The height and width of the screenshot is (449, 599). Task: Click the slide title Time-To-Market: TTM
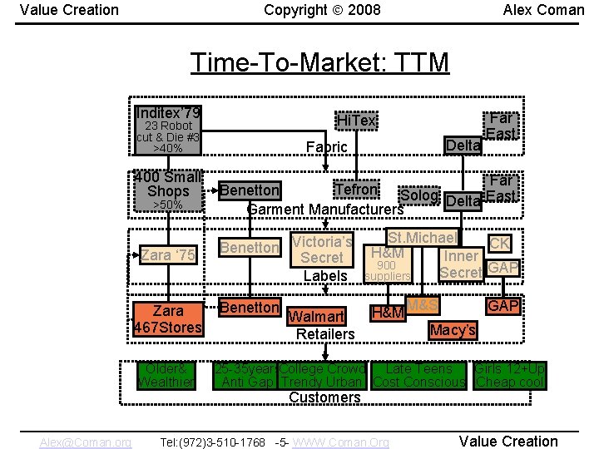pyautogui.click(x=319, y=62)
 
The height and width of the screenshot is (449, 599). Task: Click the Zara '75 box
pyautogui.click(x=168, y=255)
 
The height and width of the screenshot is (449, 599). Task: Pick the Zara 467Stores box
pyautogui.click(x=168, y=318)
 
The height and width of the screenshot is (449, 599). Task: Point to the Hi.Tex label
pyautogui.click(x=355, y=121)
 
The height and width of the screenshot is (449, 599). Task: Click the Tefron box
pyautogui.click(x=355, y=190)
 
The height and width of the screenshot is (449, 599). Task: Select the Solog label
pyautogui.click(x=418, y=196)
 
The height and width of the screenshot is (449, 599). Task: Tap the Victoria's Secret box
pyautogui.click(x=322, y=249)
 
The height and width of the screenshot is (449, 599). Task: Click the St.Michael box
pyautogui.click(x=423, y=238)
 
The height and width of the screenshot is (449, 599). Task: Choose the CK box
pyautogui.click(x=499, y=244)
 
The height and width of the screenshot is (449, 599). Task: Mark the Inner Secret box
pyautogui.click(x=461, y=264)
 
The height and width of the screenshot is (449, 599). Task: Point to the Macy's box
pyautogui.click(x=453, y=330)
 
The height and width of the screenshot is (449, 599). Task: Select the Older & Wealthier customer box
pyautogui.click(x=166, y=375)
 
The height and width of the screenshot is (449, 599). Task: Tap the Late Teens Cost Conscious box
pyautogui.click(x=419, y=375)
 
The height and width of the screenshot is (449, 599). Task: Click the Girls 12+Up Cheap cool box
pyautogui.click(x=509, y=375)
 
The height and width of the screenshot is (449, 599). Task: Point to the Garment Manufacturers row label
pyautogui.click(x=325, y=209)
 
